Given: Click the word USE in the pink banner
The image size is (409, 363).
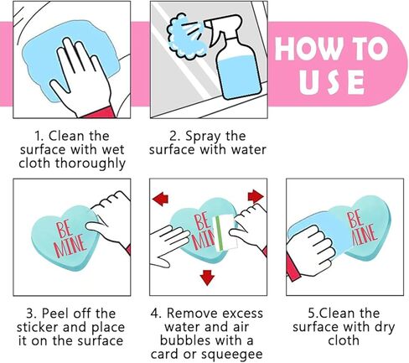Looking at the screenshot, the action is [x=332, y=81].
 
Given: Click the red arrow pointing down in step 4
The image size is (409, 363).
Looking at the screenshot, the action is [x=207, y=277].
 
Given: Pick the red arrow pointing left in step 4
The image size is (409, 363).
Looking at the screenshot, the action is [x=160, y=199].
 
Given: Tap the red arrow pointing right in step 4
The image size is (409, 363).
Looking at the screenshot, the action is [x=256, y=196].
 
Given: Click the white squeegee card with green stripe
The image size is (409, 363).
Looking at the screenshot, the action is [x=224, y=233].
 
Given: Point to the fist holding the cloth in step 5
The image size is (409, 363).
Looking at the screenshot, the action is [x=310, y=250].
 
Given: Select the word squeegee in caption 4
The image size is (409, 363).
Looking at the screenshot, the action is [x=232, y=355].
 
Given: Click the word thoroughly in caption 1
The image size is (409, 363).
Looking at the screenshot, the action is [x=90, y=163].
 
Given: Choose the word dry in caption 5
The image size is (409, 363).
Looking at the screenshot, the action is [x=385, y=328].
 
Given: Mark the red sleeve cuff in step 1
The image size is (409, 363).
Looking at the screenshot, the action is [x=98, y=111].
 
